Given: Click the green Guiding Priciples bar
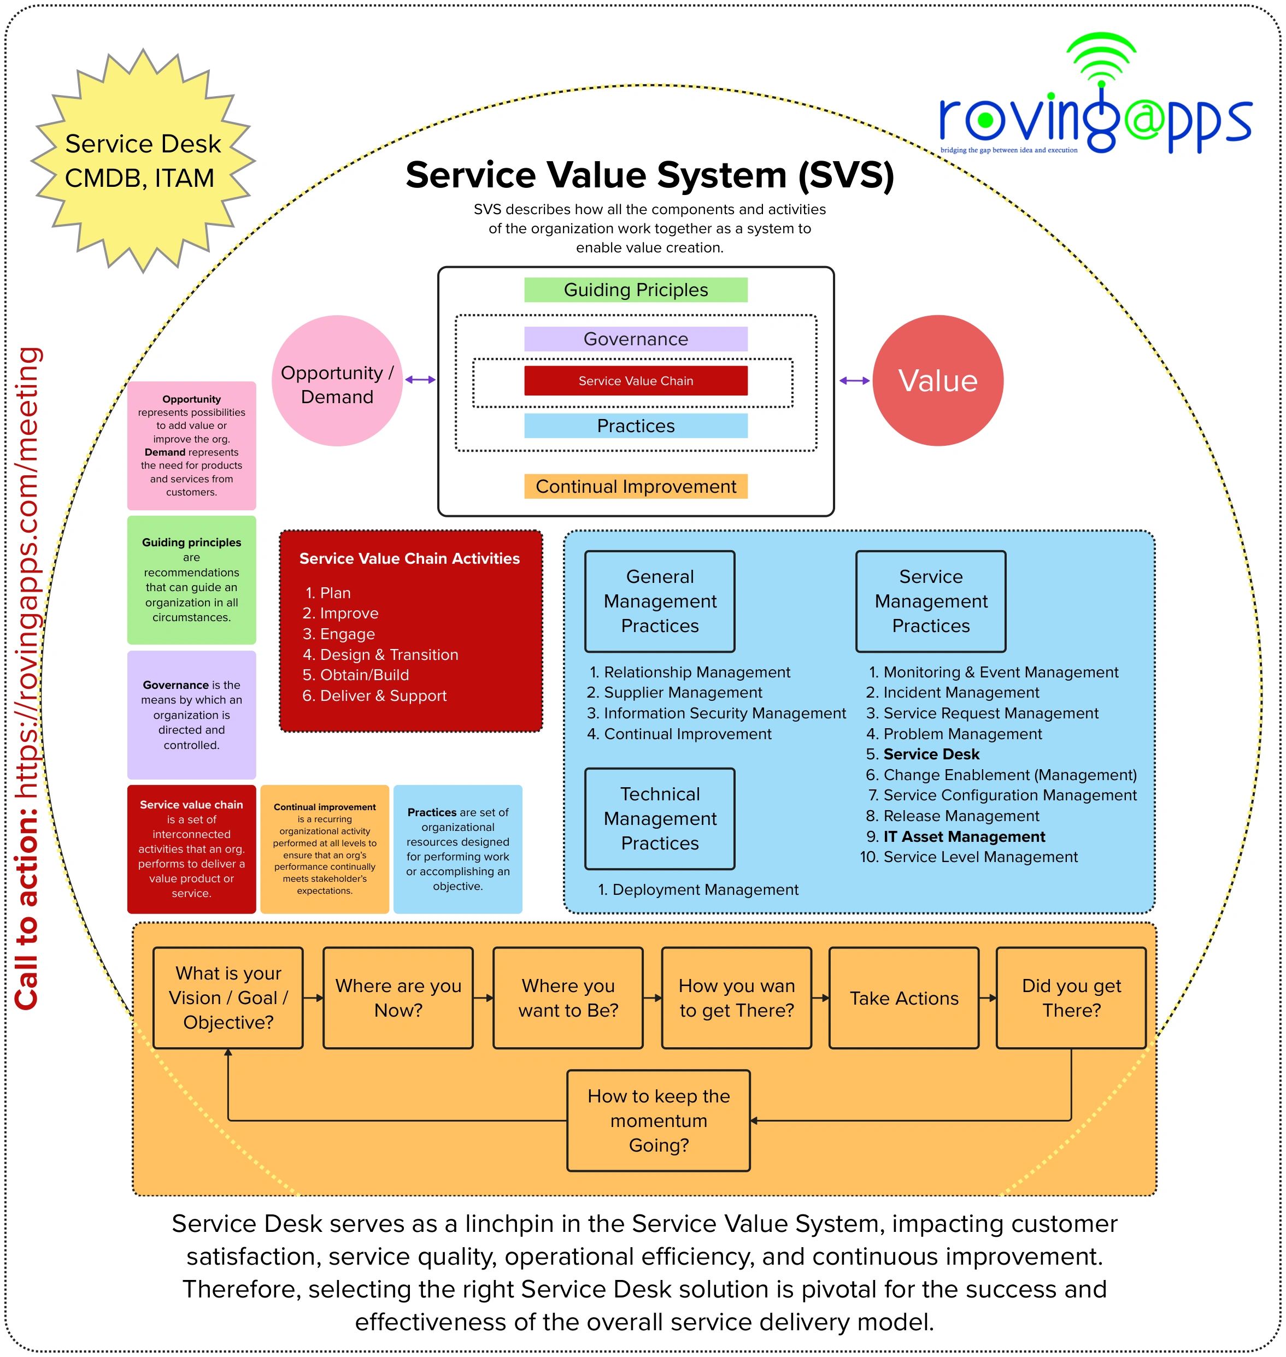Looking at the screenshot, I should (x=636, y=290).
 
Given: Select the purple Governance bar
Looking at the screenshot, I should (x=636, y=339).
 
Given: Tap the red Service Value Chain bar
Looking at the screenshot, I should (x=636, y=381).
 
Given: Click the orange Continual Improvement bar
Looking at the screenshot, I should (x=636, y=487).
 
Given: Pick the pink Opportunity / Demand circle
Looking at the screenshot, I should (x=337, y=381).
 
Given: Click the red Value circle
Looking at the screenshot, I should (x=937, y=381).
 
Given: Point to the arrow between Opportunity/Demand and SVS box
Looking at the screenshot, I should (x=420, y=380).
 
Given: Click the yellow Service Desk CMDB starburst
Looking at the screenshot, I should (x=143, y=161).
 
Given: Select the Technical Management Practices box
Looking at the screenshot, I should (x=660, y=819).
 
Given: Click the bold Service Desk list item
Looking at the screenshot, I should (x=931, y=754).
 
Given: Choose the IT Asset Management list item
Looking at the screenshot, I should (x=964, y=837).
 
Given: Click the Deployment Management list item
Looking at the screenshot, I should (x=704, y=889).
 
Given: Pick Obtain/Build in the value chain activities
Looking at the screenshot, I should (x=364, y=675).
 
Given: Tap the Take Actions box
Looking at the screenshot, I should (x=903, y=999).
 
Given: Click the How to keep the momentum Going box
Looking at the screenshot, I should (x=658, y=1121).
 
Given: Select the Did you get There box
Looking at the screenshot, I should (x=1071, y=999).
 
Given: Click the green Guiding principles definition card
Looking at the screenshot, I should (x=191, y=580).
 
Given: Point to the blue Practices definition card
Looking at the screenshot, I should (x=457, y=849).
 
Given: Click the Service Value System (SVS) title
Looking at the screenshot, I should (x=649, y=175).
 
